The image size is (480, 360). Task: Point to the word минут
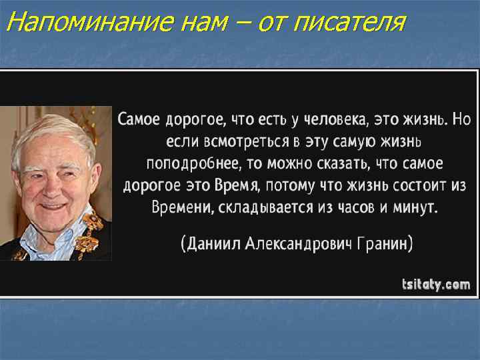(414, 207)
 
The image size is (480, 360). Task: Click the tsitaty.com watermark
(436, 285)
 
